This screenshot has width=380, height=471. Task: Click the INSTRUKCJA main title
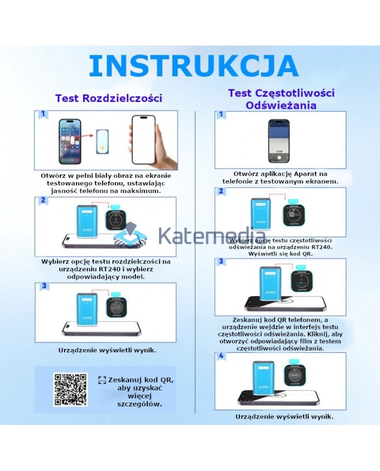(x=193, y=66)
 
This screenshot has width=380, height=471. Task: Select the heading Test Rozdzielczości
(x=109, y=98)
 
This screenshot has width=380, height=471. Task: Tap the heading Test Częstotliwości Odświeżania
(x=281, y=99)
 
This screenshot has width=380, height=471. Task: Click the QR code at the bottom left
(x=70, y=389)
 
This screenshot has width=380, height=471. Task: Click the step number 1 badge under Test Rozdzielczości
(x=42, y=115)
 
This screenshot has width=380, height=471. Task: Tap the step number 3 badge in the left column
(x=44, y=286)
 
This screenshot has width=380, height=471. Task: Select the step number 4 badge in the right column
(x=220, y=356)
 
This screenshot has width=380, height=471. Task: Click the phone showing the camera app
(x=280, y=140)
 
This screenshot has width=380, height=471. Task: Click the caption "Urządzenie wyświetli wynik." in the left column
(x=107, y=350)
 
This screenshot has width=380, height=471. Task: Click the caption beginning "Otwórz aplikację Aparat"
(x=280, y=177)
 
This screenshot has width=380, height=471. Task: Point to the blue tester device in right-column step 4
(x=264, y=378)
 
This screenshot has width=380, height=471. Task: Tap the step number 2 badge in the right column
(x=220, y=191)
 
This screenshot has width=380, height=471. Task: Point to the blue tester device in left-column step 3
(x=86, y=311)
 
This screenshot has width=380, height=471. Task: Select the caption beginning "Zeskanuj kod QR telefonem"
(x=280, y=334)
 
